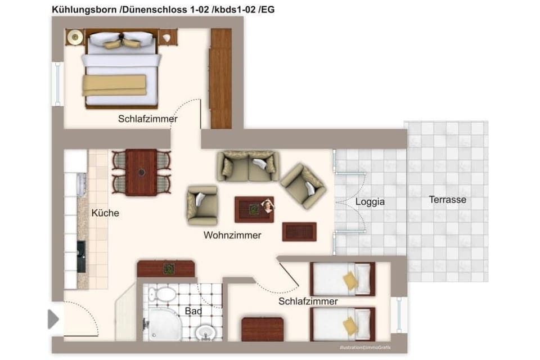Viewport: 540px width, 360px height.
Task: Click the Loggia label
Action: pyautogui.click(x=370, y=201)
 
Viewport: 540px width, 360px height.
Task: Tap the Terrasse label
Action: pyautogui.click(x=447, y=200)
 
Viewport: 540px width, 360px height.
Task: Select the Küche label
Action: pyautogui.click(x=105, y=213)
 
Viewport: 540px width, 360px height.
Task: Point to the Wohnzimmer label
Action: pyautogui.click(x=232, y=236)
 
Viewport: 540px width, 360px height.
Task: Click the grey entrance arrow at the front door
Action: pyautogui.click(x=53, y=319)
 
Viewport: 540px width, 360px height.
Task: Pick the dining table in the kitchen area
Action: pyautogui.click(x=141, y=172)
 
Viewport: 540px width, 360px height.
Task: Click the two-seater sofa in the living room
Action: pyautogui.click(x=247, y=166)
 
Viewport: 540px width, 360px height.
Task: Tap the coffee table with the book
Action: pyautogui.click(x=254, y=209)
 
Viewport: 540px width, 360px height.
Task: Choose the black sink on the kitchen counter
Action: pyautogui.click(x=82, y=256)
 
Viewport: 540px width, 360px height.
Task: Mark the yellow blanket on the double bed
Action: pyautogui.click(x=114, y=85)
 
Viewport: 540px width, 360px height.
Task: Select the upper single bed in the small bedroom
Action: pyautogui.click(x=342, y=279)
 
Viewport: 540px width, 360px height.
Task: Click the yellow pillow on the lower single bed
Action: pyautogui.click(x=350, y=326)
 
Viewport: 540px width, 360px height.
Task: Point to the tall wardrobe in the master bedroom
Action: pyautogui.click(x=220, y=79)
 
